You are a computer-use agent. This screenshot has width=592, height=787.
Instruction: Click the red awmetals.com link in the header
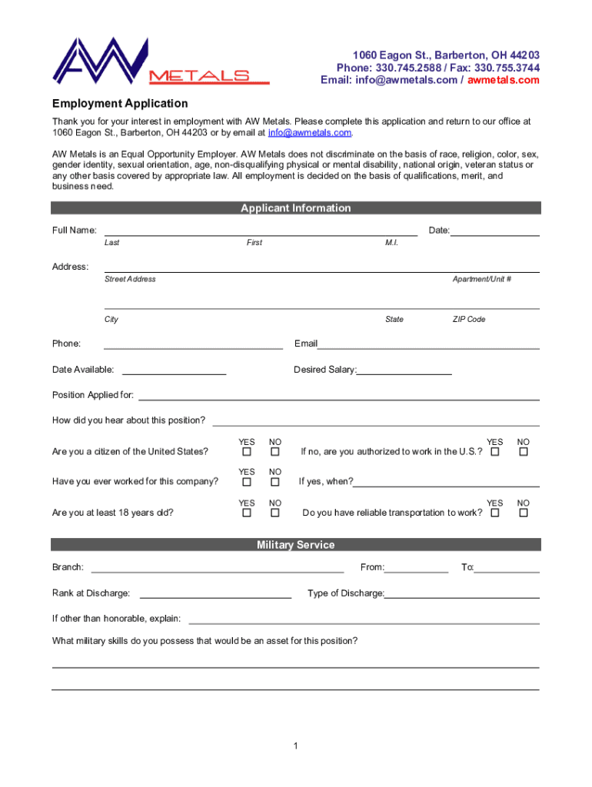pos(504,80)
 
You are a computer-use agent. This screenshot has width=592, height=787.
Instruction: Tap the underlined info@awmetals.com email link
pos(309,132)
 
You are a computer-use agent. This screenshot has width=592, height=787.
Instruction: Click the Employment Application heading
pos(120,103)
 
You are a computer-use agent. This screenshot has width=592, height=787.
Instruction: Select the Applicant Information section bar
pos(296,208)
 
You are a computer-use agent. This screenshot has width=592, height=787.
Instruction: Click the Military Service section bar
pos(296,545)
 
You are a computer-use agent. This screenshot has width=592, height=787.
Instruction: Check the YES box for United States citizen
pos(247,452)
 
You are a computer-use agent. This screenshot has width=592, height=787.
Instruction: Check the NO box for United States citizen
pos(274,452)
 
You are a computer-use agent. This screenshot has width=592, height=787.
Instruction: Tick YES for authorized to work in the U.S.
pos(495,452)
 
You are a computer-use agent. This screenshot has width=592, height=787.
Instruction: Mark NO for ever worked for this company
pos(274,482)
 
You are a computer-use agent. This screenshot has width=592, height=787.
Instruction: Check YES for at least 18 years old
pos(247,513)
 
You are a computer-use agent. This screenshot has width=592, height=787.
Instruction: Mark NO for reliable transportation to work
pos(524,513)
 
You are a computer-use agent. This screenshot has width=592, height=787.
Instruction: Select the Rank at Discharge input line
pos(215,595)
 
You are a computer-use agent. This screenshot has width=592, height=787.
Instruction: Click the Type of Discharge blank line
pos(462,595)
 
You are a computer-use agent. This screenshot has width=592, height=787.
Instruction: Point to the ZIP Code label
pos(469,319)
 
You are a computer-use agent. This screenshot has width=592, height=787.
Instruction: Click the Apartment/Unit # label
pos(482,279)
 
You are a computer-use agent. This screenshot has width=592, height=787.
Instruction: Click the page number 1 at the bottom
pos(296,746)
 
